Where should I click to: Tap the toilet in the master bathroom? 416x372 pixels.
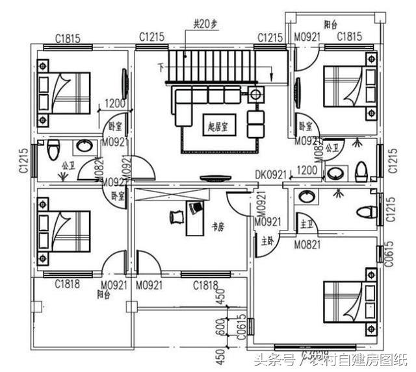pos(368,212)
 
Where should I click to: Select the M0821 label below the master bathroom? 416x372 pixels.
pos(306,245)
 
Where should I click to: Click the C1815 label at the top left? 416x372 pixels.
pos(68,38)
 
